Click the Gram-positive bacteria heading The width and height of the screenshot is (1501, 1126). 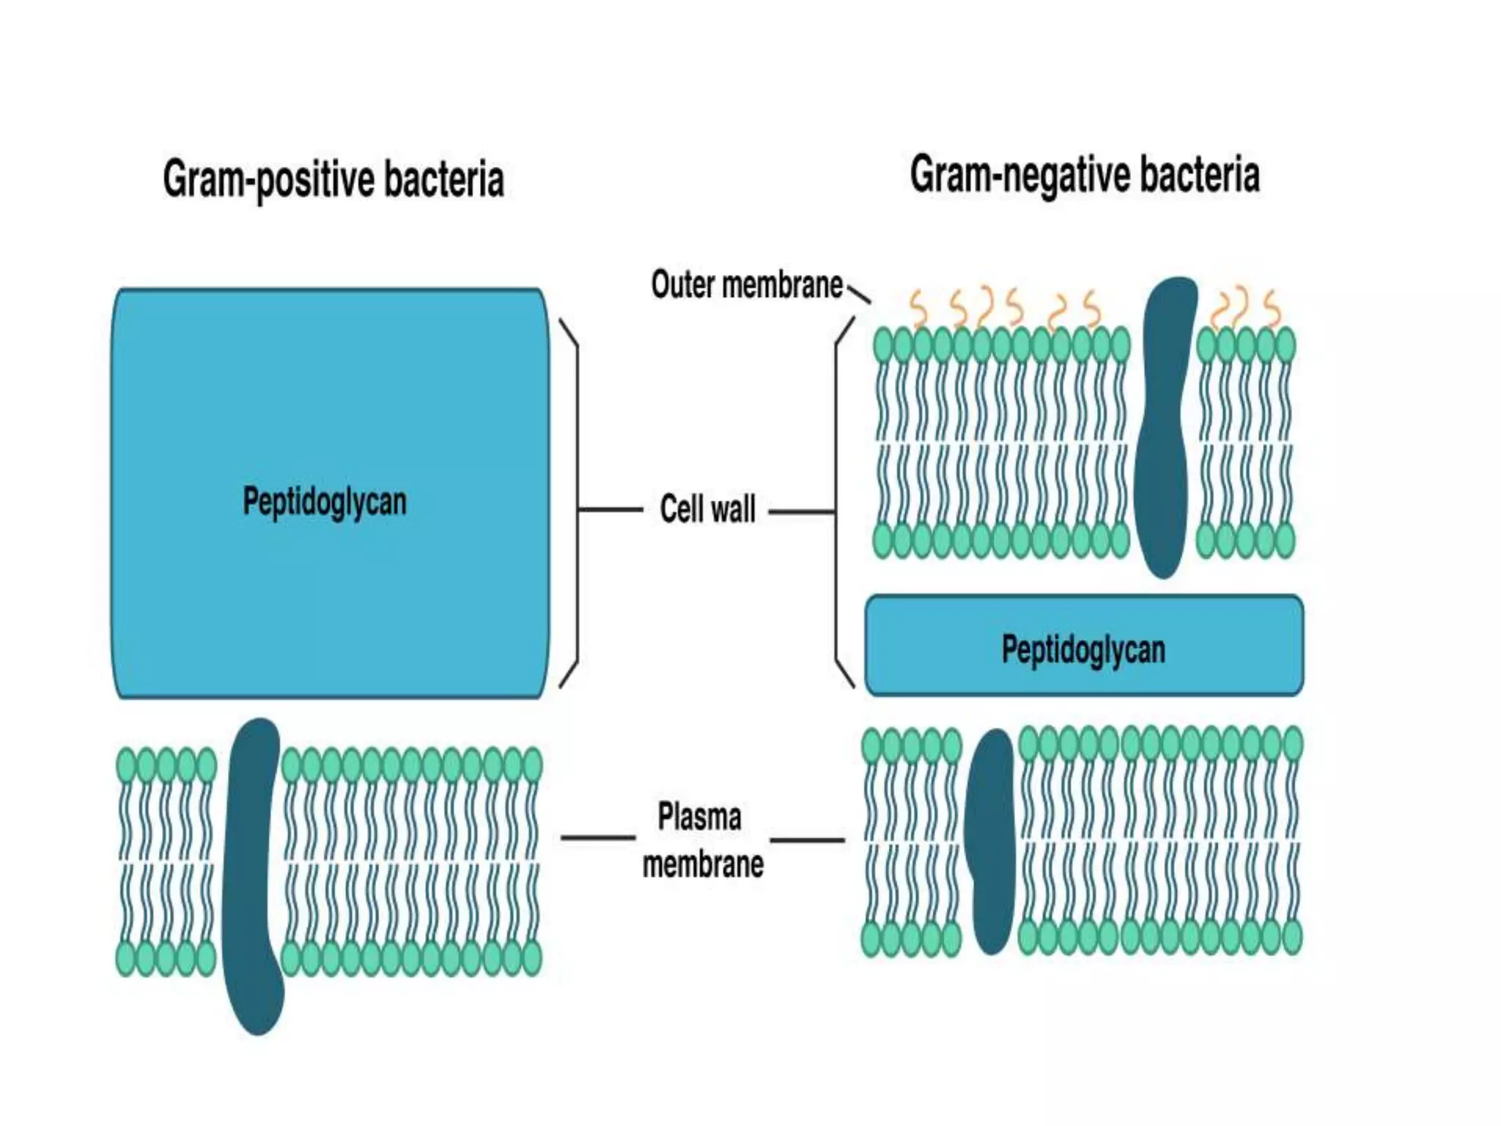(333, 179)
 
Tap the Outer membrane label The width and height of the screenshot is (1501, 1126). (747, 284)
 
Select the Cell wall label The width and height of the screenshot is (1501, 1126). (707, 509)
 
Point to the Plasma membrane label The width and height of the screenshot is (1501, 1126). (702, 839)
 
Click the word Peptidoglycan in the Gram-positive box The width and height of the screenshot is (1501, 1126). (325, 502)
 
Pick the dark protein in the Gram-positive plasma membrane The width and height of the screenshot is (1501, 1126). (254, 876)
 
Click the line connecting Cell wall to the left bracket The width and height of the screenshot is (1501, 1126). (610, 509)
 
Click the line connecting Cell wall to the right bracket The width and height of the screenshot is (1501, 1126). (802, 511)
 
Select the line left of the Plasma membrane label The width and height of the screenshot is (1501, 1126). (597, 837)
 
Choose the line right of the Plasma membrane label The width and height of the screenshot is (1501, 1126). (807, 840)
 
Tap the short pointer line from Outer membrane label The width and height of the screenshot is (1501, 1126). (859, 295)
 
